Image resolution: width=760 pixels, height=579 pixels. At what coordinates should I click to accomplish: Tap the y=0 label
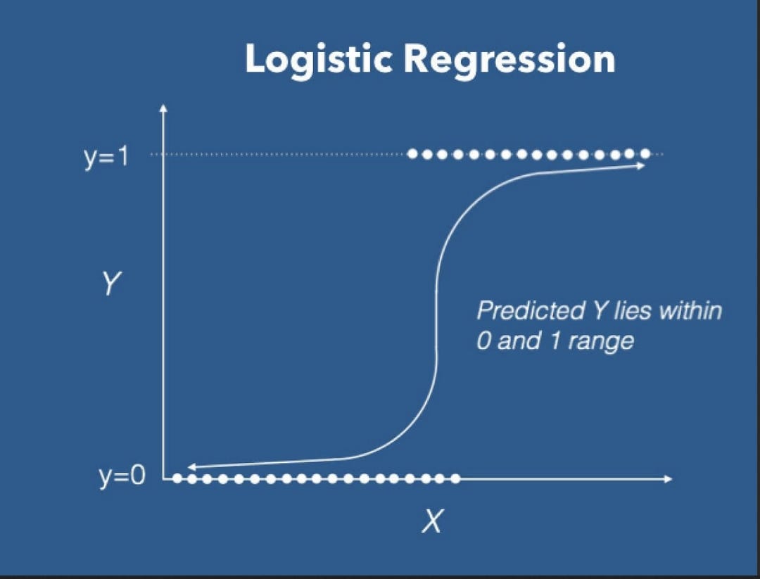[x=122, y=477]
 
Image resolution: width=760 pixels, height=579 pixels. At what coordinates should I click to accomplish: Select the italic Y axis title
[x=110, y=284]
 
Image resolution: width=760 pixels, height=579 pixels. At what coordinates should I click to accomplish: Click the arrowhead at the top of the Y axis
[x=163, y=107]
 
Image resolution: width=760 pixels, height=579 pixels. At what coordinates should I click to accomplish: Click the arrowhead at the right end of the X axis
[x=669, y=478]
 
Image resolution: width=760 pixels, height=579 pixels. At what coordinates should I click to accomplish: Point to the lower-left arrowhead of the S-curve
[x=191, y=467]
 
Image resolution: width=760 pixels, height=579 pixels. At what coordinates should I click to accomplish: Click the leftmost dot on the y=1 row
[x=412, y=154]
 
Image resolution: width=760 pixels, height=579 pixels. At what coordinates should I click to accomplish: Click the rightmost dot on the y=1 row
[x=645, y=153]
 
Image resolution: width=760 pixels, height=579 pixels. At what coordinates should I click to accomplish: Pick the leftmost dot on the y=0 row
[x=177, y=478]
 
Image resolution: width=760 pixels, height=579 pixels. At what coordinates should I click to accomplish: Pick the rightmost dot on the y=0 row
[x=455, y=478]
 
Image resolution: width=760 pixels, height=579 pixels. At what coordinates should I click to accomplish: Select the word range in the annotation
[x=601, y=342]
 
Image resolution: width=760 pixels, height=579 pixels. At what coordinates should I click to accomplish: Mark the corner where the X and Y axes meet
[x=164, y=478]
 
